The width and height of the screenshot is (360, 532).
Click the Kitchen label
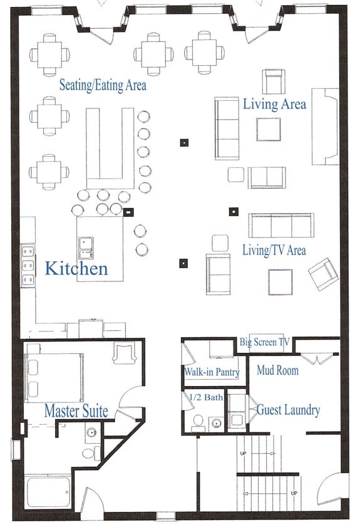(76, 268)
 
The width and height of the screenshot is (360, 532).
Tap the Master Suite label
(76, 410)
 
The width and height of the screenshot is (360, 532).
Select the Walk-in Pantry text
(212, 372)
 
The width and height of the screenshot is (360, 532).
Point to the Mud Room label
(277, 370)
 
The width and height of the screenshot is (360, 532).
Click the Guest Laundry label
(289, 410)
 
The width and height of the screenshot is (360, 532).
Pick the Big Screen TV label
(265, 342)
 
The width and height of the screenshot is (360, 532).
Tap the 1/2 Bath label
(206, 397)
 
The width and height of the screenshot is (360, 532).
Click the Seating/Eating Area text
(103, 85)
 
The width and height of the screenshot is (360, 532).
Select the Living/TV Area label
(274, 251)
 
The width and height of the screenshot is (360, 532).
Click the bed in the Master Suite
(54, 377)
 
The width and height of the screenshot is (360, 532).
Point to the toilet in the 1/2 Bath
(198, 424)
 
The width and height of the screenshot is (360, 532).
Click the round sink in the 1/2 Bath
(216, 424)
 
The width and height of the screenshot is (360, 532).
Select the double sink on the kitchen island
(86, 248)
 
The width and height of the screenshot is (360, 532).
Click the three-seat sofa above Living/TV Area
(281, 226)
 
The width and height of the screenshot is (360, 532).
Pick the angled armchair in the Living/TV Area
(324, 274)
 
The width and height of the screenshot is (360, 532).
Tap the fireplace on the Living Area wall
(326, 127)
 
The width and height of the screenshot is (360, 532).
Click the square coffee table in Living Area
(269, 129)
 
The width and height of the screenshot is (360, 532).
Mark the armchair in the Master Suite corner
(125, 353)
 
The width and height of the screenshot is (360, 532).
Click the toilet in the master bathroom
(91, 453)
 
